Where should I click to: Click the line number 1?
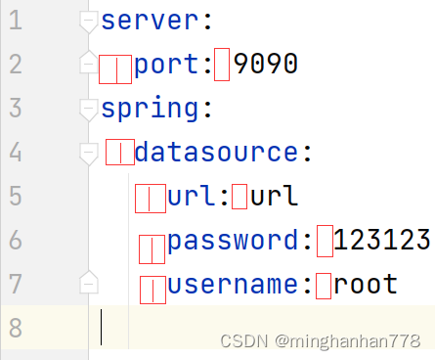coord(15,21)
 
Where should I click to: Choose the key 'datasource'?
coord(217,153)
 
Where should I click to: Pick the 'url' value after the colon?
coord(275,197)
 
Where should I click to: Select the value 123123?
coord(382,241)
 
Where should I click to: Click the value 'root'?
coord(366,285)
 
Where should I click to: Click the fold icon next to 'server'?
coord(89,21)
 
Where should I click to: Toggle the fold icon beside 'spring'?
coord(89,109)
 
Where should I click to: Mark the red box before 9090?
coord(222,65)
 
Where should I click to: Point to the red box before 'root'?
coord(323,286)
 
